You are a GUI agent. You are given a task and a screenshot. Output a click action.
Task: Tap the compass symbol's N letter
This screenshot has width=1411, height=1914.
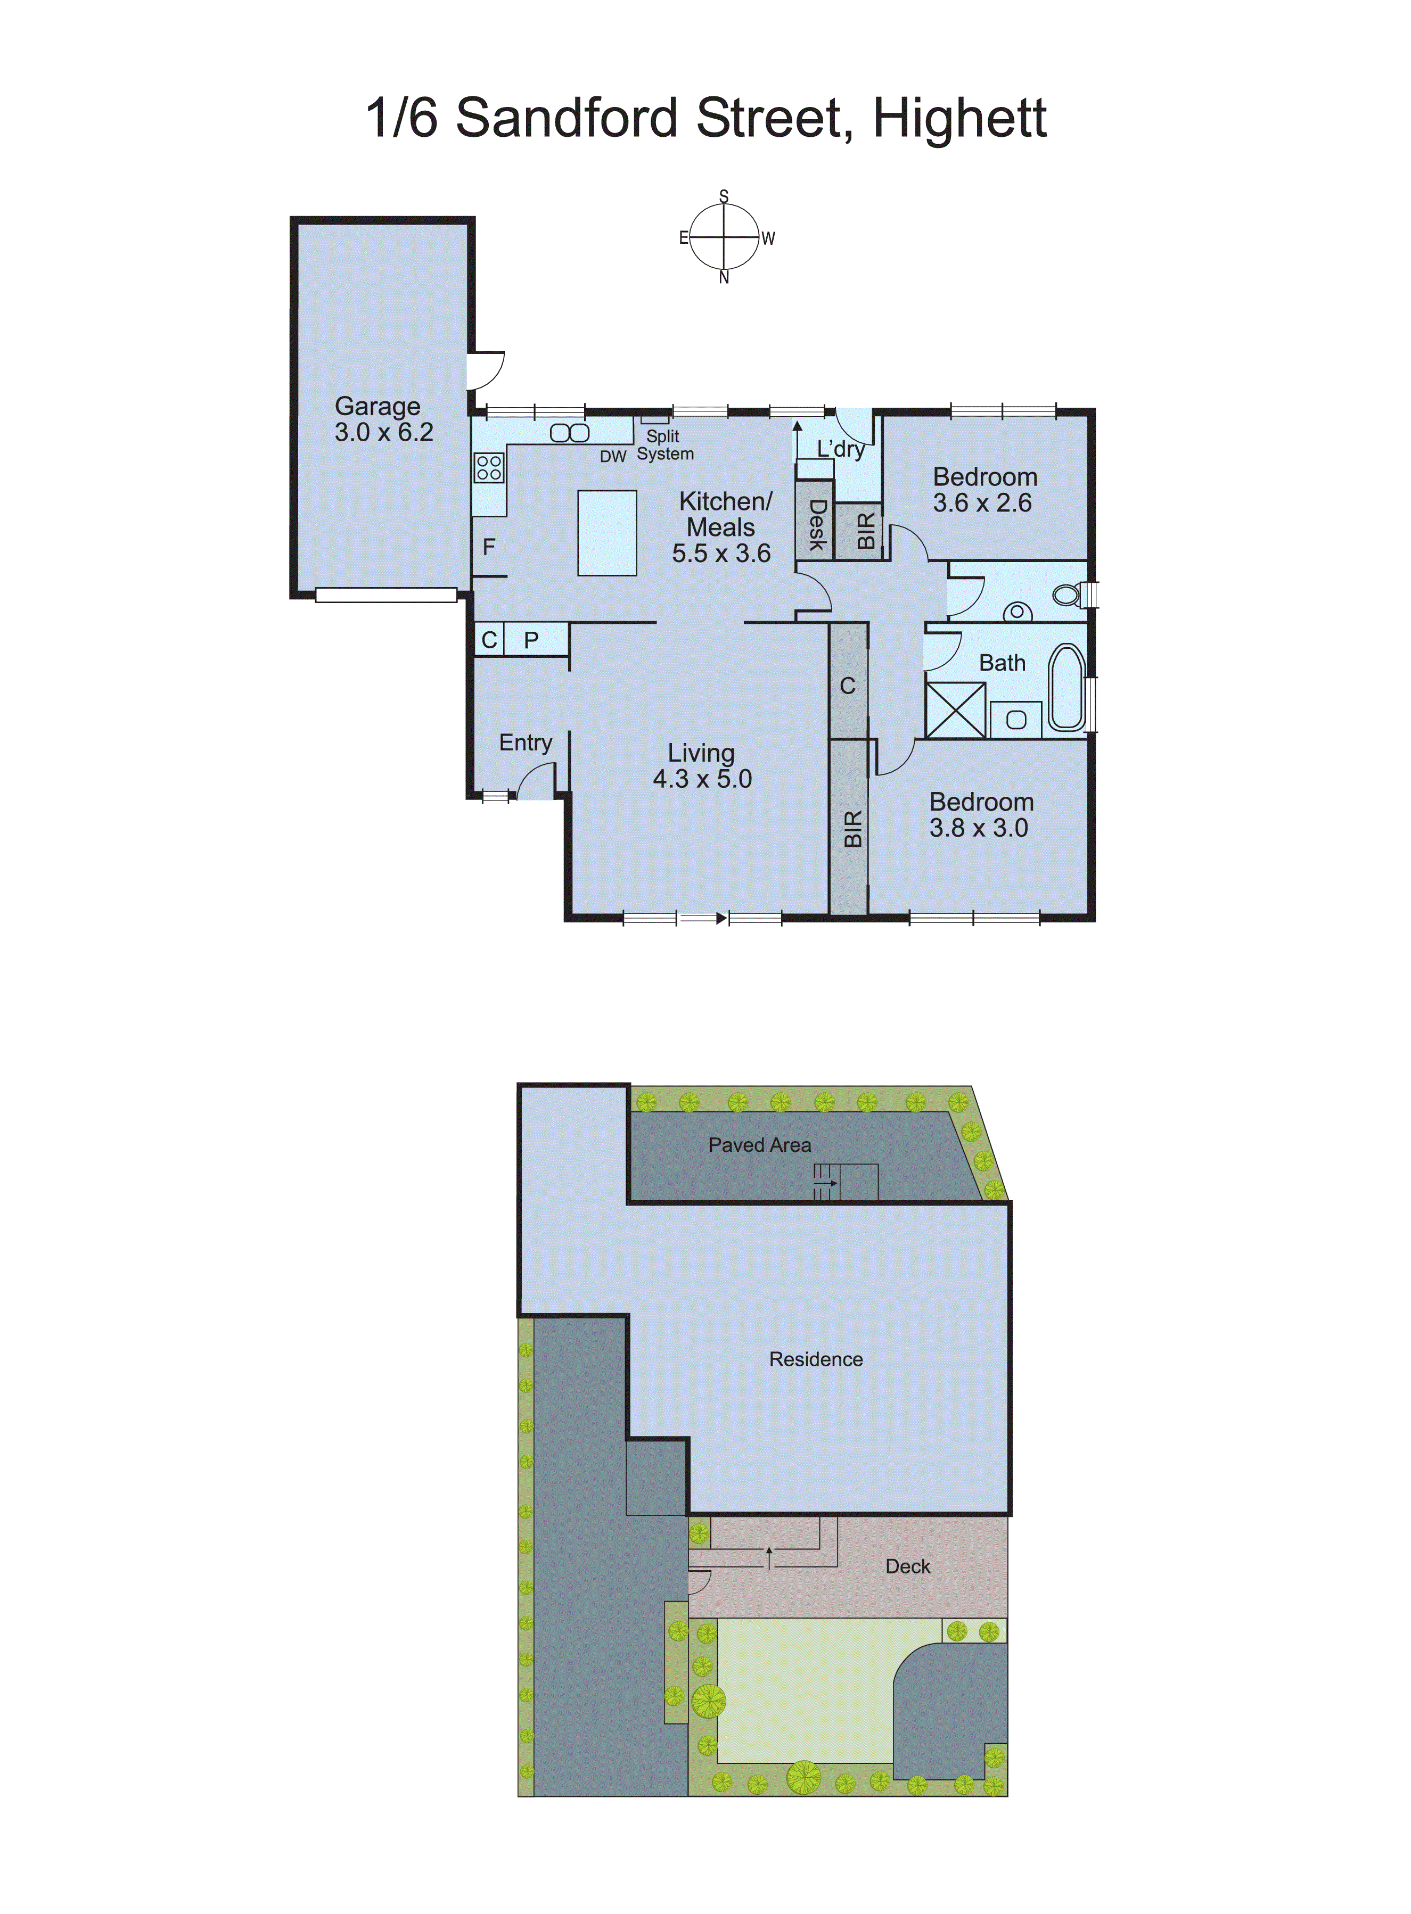(724, 277)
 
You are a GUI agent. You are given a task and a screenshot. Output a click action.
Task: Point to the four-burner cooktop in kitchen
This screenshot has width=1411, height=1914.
(489, 468)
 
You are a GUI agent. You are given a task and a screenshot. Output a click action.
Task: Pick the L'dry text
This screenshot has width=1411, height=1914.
(840, 449)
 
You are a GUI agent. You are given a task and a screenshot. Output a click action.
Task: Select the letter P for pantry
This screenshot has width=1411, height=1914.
(531, 639)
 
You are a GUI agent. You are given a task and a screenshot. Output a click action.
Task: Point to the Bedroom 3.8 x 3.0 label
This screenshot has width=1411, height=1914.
(981, 814)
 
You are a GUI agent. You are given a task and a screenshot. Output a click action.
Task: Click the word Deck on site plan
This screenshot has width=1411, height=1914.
(907, 1566)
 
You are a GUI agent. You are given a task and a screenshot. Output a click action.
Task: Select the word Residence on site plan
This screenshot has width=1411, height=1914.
(816, 1359)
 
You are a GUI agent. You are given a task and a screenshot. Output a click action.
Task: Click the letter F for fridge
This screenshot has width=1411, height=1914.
(489, 547)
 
